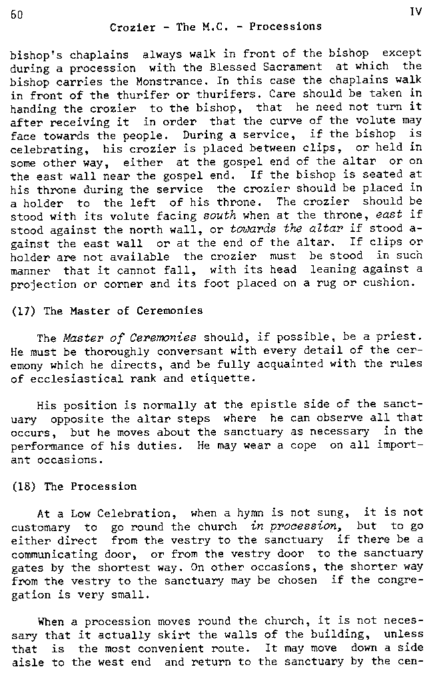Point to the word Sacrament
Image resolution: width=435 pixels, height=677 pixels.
[294, 66]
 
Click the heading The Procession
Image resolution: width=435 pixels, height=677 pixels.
[90, 486]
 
